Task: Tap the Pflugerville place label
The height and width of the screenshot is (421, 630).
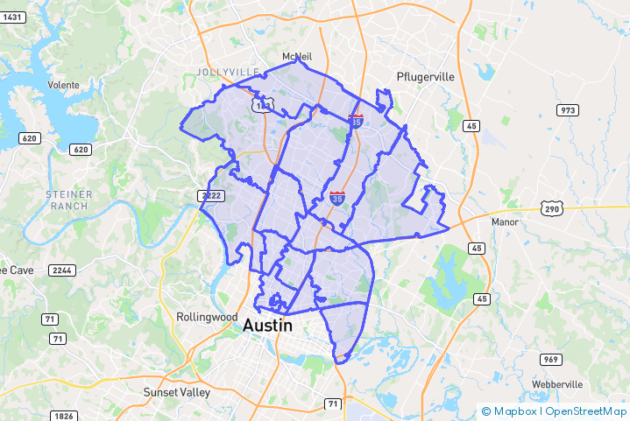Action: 425,77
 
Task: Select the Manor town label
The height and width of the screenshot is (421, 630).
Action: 505,222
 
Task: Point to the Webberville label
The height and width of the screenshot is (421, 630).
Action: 557,385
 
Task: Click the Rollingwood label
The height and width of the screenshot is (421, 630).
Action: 207,316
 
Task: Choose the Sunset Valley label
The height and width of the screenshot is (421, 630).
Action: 177,393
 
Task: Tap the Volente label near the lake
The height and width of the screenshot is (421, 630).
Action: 63,85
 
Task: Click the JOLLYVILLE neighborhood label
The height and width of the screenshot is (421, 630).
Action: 229,72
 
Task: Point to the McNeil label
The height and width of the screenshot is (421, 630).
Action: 296,57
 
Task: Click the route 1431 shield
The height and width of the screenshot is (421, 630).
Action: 13,18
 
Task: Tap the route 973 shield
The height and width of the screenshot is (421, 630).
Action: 569,109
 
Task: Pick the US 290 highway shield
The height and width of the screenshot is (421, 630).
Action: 551,209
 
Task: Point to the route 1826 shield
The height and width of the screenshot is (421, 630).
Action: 62,416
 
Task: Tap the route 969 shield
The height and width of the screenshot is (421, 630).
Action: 549,359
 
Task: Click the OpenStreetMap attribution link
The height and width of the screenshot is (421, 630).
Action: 585,411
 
